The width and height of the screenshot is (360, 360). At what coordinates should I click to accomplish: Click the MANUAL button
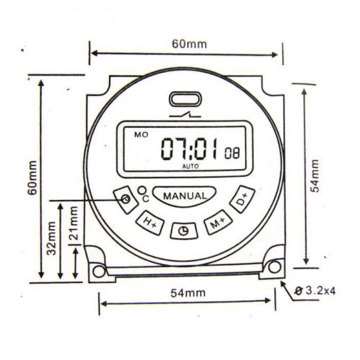(185, 196)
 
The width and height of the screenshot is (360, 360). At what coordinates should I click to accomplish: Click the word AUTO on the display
(190, 166)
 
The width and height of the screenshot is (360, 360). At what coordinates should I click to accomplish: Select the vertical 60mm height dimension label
(33, 178)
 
